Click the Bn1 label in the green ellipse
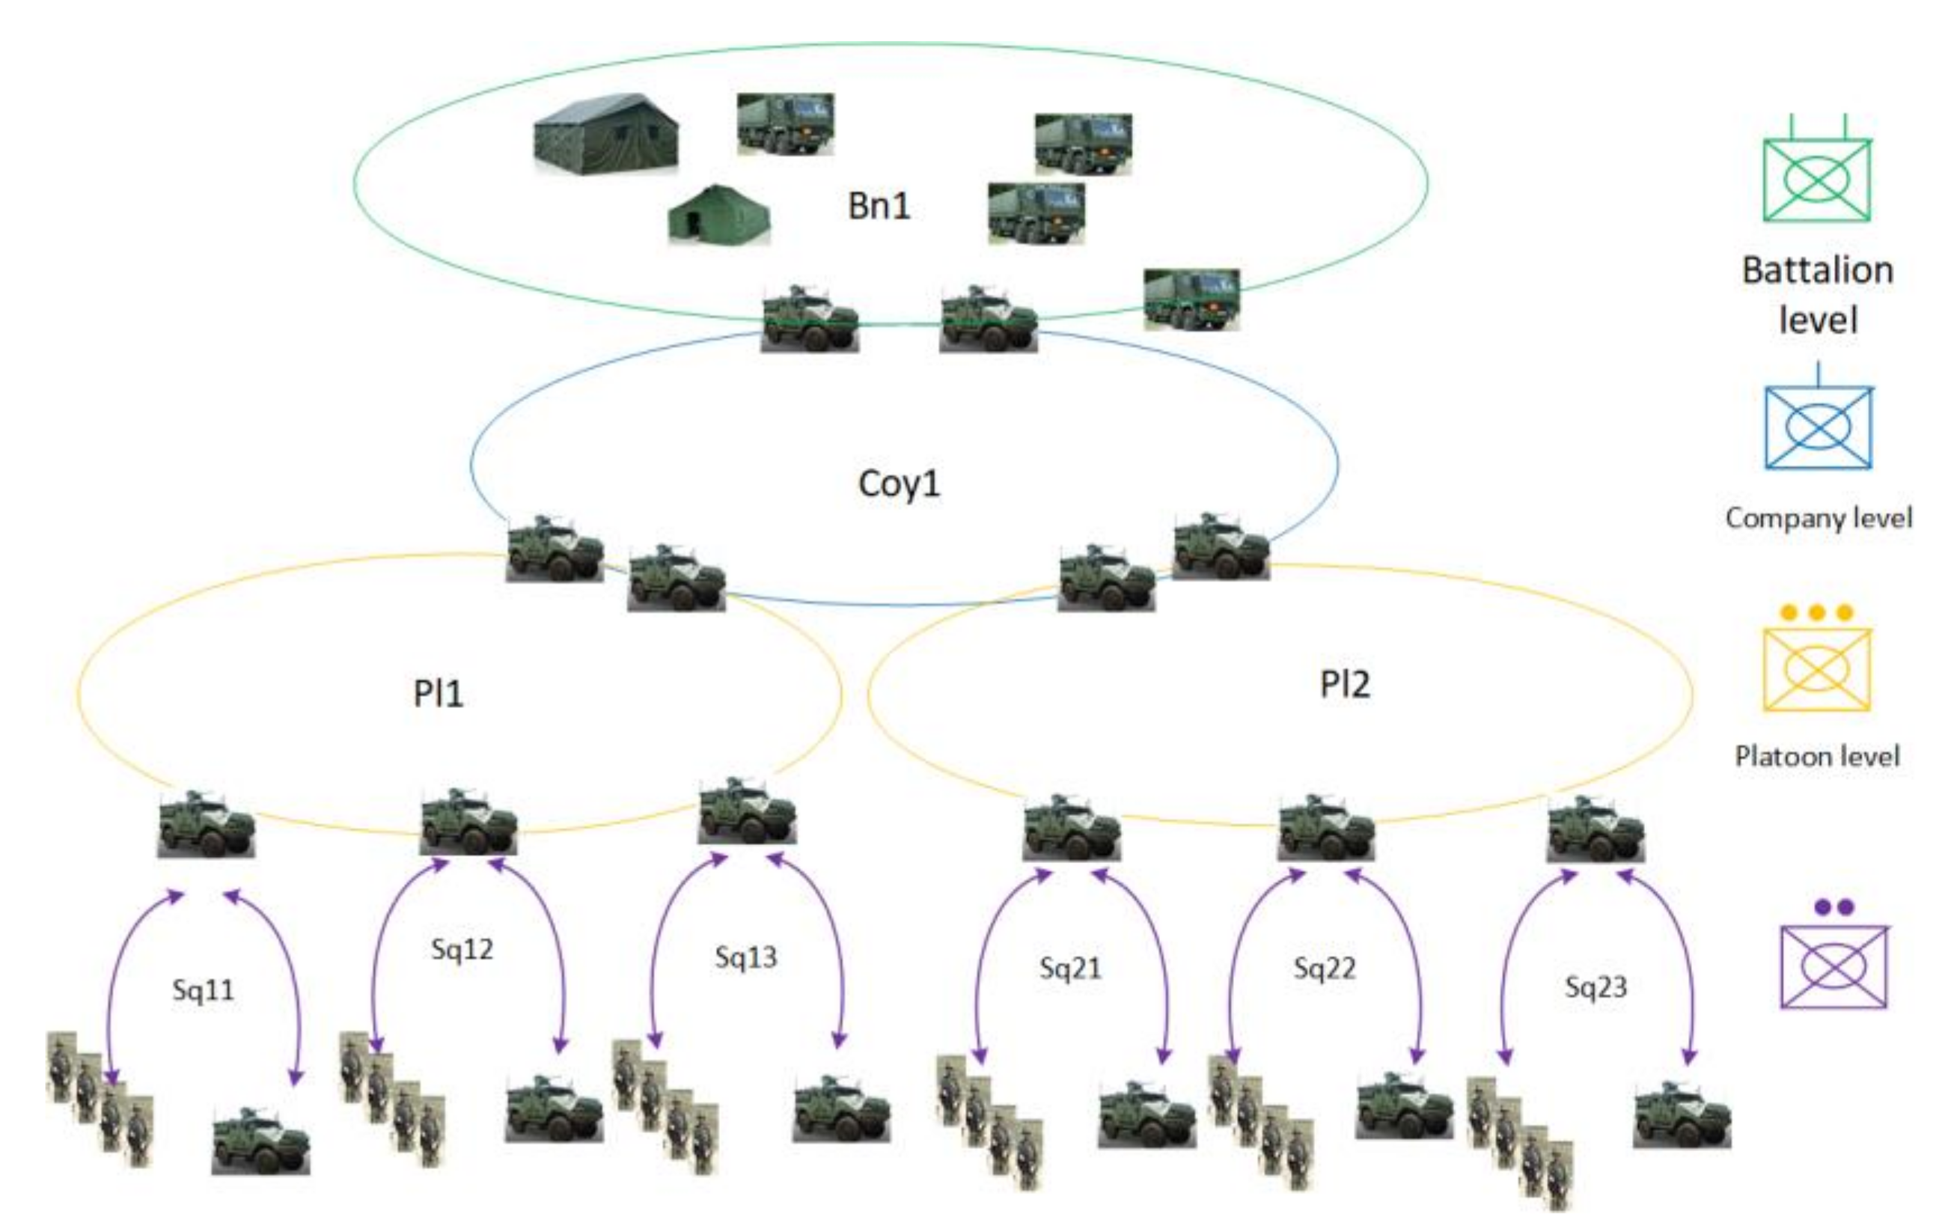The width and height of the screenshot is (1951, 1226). tap(879, 206)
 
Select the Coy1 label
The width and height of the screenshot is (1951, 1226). tap(899, 484)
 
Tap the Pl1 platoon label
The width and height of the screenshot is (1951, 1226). tap(438, 694)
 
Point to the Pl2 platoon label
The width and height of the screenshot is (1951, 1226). tap(1344, 684)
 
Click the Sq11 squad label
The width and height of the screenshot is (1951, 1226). tap(203, 989)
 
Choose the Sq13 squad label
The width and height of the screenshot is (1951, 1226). tap(745, 957)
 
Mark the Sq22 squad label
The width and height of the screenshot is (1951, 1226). tap(1324, 968)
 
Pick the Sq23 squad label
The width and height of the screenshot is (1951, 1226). tap(1596, 986)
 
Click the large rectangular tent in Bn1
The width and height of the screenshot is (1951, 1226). tap(605, 135)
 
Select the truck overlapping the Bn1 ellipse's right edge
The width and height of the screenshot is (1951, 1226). tap(1191, 299)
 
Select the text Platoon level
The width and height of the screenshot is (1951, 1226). tap(1816, 756)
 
